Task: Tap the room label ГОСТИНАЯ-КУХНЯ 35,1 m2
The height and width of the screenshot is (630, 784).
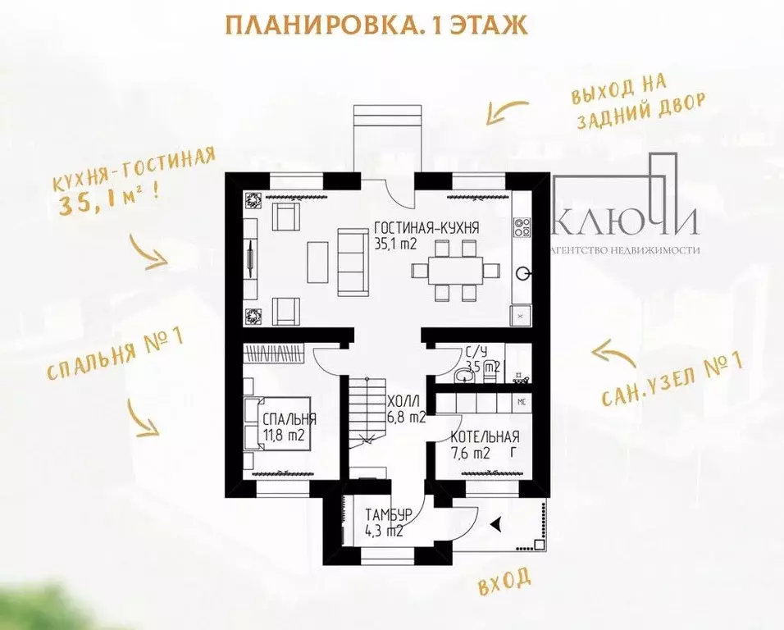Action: tap(426, 235)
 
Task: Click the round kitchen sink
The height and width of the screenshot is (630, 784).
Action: tap(522, 273)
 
